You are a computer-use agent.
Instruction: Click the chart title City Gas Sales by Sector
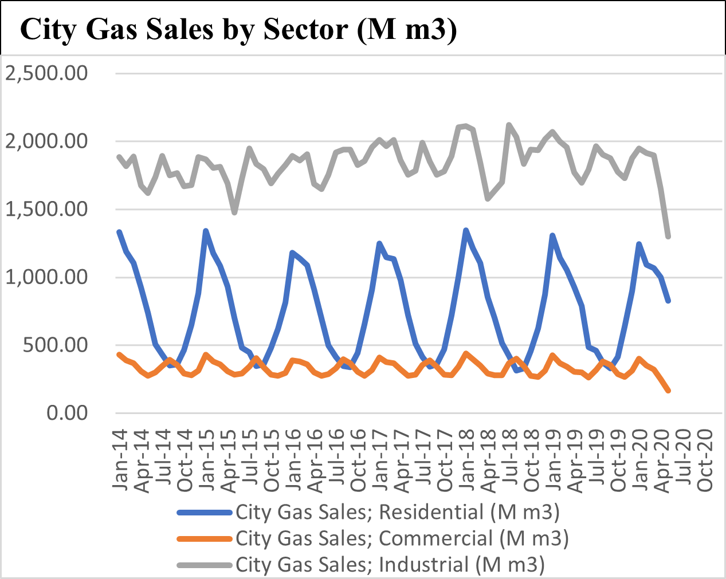(x=238, y=29)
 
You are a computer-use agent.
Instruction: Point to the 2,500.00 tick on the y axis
(x=46, y=73)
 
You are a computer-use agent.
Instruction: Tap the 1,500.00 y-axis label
(x=46, y=209)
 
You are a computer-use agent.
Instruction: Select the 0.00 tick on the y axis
(x=68, y=413)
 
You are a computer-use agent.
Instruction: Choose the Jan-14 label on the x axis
(x=120, y=458)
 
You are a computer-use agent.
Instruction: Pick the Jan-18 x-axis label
(x=467, y=458)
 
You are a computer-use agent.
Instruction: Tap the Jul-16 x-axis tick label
(x=337, y=459)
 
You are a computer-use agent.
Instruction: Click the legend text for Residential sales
(x=397, y=511)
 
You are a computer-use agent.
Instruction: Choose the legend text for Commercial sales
(x=402, y=538)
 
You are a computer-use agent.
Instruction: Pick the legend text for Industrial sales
(x=390, y=565)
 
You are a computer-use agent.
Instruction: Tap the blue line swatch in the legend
(x=205, y=512)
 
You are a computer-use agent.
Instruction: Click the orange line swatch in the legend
(x=205, y=539)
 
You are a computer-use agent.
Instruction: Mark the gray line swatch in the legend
(x=205, y=565)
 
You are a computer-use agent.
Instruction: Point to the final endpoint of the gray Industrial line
(x=668, y=236)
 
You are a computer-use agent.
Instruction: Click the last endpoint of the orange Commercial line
(x=668, y=391)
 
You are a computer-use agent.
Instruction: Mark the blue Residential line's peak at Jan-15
(x=206, y=231)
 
